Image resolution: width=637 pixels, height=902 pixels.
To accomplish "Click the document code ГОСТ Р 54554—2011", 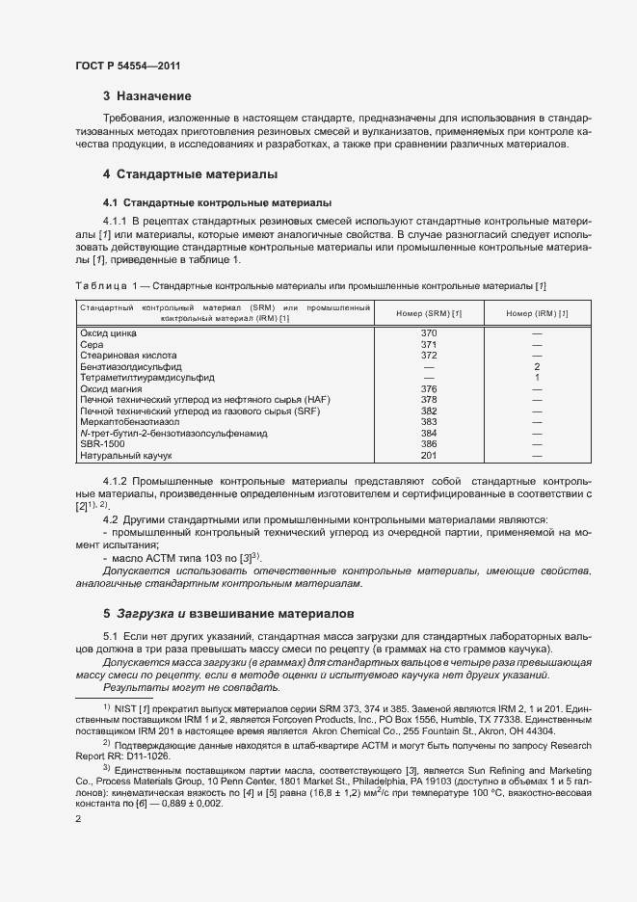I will [x=127, y=66].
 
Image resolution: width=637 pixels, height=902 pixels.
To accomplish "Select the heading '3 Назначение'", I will [x=146, y=96].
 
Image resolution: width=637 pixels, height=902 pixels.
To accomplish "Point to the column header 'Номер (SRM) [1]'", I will [x=430, y=312].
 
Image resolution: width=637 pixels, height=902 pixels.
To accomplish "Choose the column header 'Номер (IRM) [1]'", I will [x=537, y=312].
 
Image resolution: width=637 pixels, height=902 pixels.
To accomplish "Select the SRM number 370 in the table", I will [x=430, y=332].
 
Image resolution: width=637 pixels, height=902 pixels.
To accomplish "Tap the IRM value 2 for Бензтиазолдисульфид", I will [x=537, y=366].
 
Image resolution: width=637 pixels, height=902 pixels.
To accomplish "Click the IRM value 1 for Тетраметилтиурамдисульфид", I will [x=537, y=377].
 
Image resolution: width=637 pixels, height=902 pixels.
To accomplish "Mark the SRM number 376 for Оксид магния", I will [x=430, y=388].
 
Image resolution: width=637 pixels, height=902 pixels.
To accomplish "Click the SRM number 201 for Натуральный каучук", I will [x=430, y=455].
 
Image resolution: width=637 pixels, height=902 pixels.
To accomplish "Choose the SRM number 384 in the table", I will [x=430, y=433].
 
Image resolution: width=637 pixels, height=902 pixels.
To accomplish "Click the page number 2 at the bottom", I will [x=77, y=818].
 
